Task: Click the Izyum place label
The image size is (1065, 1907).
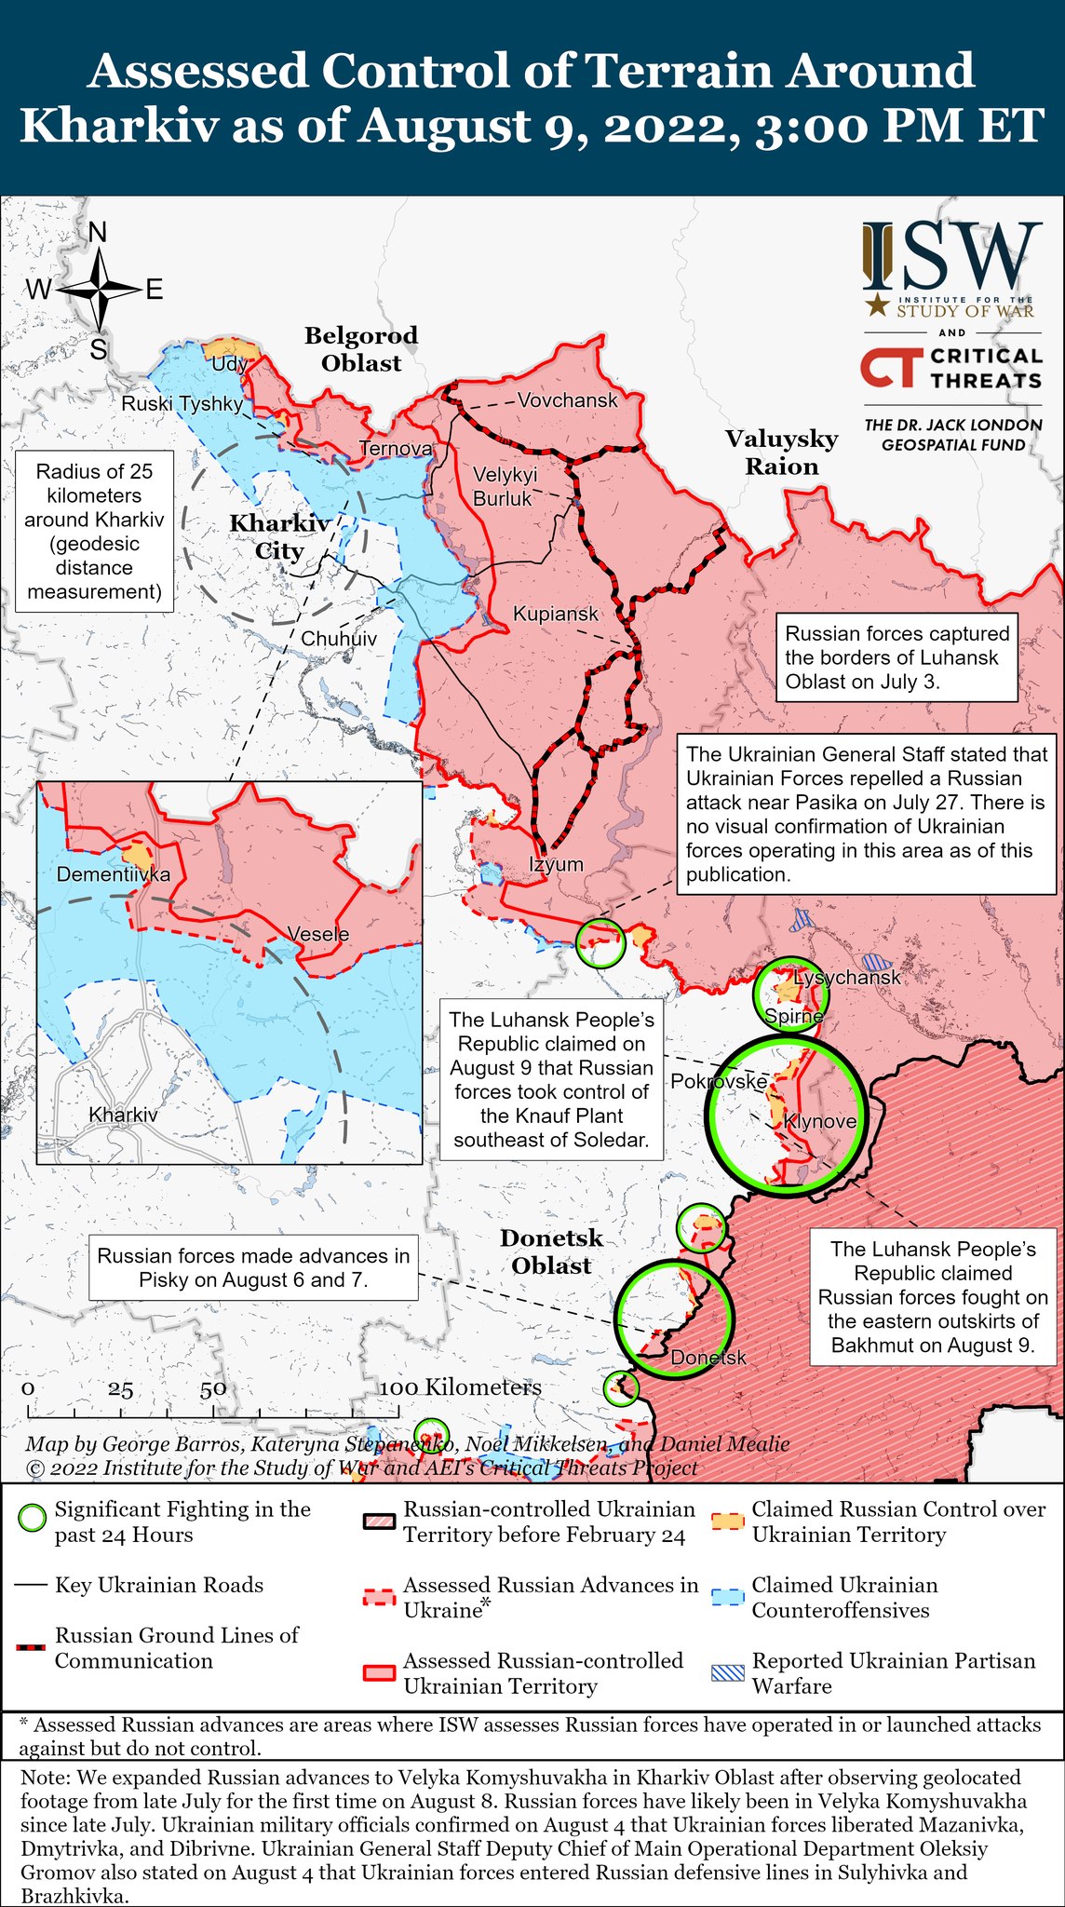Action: tap(556, 864)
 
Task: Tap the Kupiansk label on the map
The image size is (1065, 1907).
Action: tap(556, 615)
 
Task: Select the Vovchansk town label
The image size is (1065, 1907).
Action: tap(568, 400)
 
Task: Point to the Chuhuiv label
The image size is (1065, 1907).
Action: tap(339, 639)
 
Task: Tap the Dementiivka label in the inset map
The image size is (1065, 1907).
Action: tap(114, 874)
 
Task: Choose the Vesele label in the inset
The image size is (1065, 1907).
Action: tap(317, 934)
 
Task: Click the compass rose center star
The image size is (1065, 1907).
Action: tap(98, 290)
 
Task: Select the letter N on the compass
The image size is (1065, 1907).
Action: tap(97, 233)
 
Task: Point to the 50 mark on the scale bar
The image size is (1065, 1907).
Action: tap(212, 1388)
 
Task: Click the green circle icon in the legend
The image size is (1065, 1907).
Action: tap(33, 1519)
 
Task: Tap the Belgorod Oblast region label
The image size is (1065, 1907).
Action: tap(361, 349)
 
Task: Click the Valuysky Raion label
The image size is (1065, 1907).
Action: tap(782, 453)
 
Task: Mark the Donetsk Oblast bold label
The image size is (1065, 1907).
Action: tap(551, 1251)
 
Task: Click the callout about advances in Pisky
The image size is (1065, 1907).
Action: tap(253, 1267)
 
